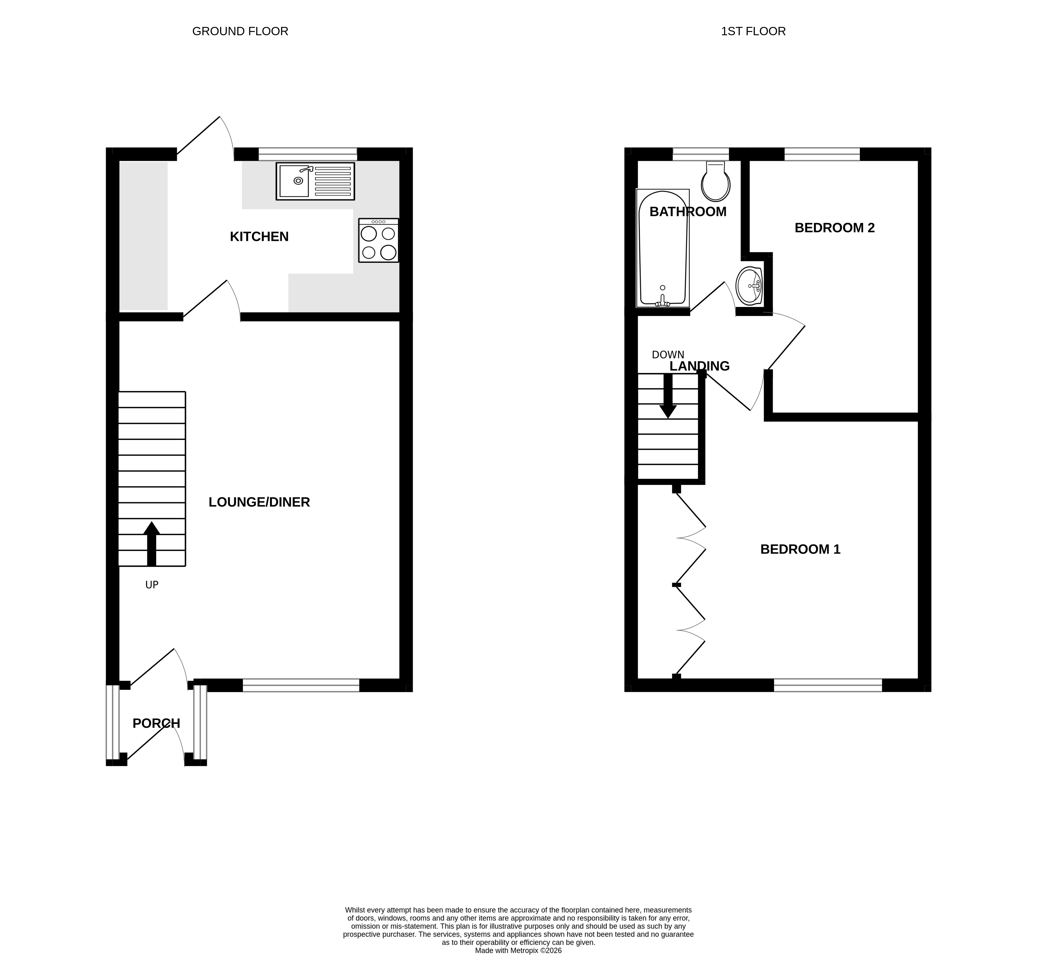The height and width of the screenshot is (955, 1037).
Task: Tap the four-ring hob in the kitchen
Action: (379, 241)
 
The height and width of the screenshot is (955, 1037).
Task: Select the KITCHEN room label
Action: (259, 237)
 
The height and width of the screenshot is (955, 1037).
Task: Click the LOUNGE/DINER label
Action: (259, 502)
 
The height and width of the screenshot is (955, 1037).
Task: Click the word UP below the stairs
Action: (151, 585)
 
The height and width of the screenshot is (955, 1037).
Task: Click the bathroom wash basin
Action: (749, 286)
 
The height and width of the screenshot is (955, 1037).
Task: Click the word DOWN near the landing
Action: (668, 355)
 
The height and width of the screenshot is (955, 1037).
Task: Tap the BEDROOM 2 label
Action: (835, 228)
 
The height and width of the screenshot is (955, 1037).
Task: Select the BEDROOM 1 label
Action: (800, 549)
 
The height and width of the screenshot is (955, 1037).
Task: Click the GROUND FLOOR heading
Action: (240, 31)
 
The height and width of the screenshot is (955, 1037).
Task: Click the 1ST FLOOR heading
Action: (753, 31)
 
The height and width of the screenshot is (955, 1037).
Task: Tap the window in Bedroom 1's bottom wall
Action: (828, 685)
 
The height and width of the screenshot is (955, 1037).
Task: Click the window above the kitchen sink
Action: (308, 154)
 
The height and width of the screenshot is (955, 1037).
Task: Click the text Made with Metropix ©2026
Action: (518, 950)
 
